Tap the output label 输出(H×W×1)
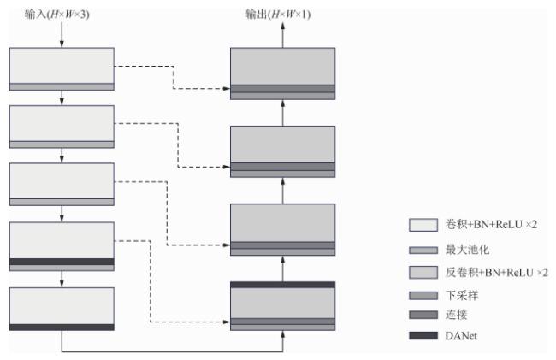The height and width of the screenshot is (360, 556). click(282, 15)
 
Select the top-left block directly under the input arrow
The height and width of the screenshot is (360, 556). click(62, 65)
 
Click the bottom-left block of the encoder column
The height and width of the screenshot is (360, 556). click(62, 305)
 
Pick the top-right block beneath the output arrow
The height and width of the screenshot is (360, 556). click(282, 66)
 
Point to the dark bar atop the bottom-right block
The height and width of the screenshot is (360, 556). click(282, 285)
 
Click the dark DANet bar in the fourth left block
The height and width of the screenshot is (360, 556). click(62, 262)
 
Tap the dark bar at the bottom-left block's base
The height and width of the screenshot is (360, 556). click(62, 327)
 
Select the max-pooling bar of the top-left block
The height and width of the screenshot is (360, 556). click(62, 86)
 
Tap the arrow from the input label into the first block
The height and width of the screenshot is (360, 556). click(62, 35)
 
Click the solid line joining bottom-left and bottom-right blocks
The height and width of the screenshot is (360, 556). click(171, 351)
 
